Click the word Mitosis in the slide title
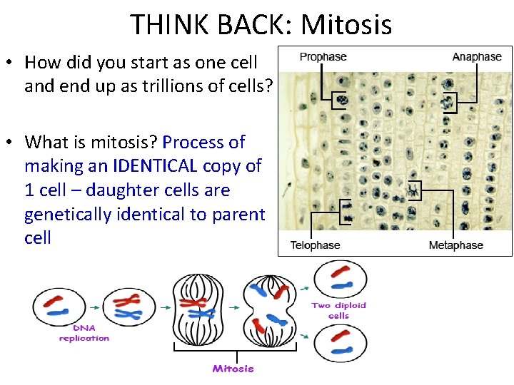click(346, 24)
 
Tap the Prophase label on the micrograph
click(323, 57)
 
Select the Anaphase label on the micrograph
click(477, 57)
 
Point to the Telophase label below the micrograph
click(315, 245)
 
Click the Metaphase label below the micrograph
click(455, 245)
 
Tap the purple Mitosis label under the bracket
click(233, 369)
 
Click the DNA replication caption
click(84, 334)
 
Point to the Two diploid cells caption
click(338, 310)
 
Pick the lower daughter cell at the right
click(341, 344)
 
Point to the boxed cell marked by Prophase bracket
click(342, 99)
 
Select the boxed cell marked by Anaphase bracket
click(448, 103)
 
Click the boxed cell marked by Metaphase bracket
click(414, 190)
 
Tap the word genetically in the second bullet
click(71, 214)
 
